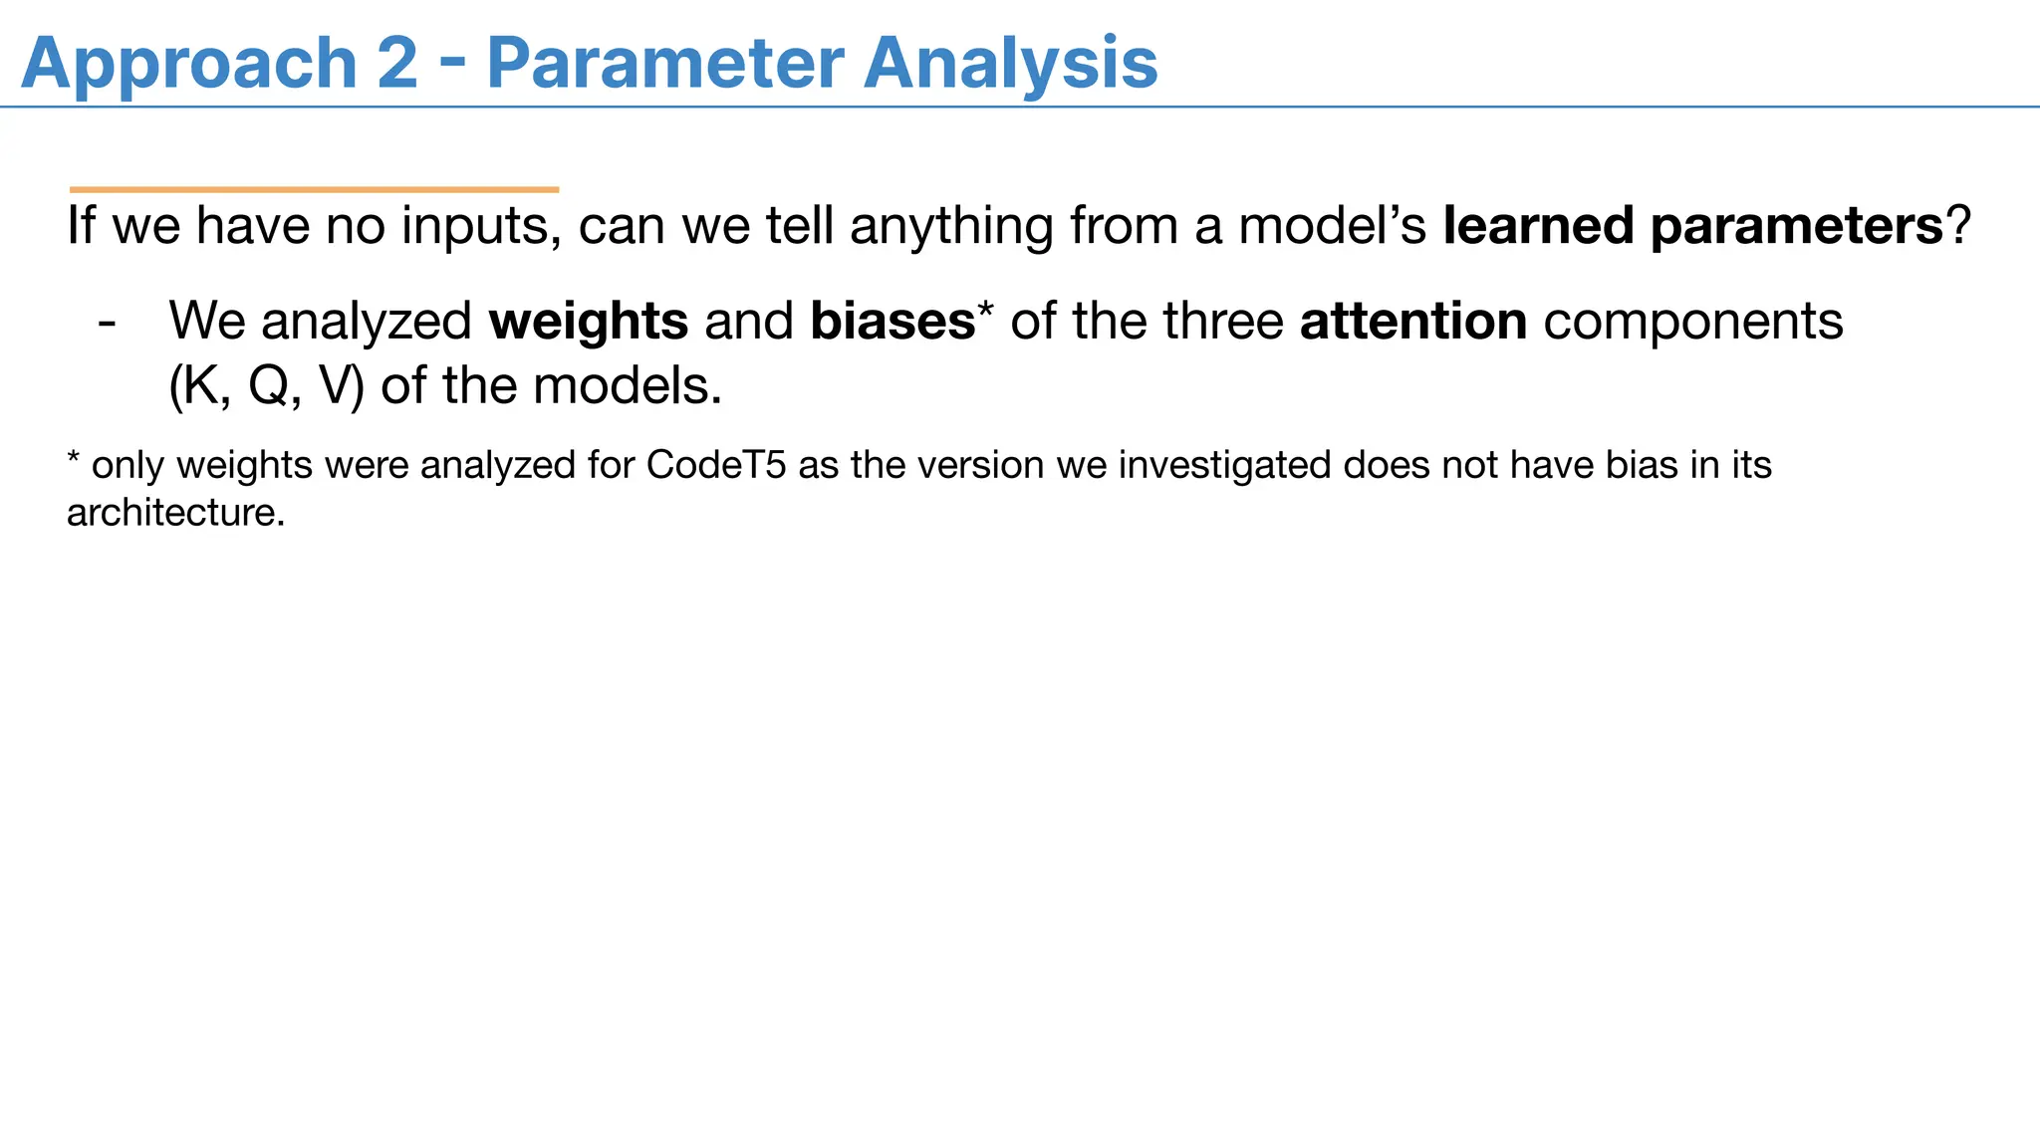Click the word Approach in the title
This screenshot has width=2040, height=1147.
[188, 65]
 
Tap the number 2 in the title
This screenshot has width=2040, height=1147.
[397, 63]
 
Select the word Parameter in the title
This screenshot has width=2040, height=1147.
[664, 63]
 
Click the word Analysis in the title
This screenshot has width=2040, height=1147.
[1010, 65]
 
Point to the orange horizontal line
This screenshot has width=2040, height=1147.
[314, 189]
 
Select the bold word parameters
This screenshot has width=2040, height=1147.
[1796, 227]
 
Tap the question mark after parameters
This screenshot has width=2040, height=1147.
[1958, 225]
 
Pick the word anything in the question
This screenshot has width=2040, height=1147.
[951, 227]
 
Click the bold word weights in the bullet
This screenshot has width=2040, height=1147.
[588, 323]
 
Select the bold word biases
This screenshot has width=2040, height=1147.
[892, 321]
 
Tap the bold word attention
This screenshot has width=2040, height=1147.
[1412, 321]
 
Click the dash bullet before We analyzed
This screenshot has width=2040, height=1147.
[108, 323]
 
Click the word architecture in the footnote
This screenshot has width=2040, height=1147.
[175, 513]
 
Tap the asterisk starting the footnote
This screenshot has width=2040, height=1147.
[74, 459]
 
